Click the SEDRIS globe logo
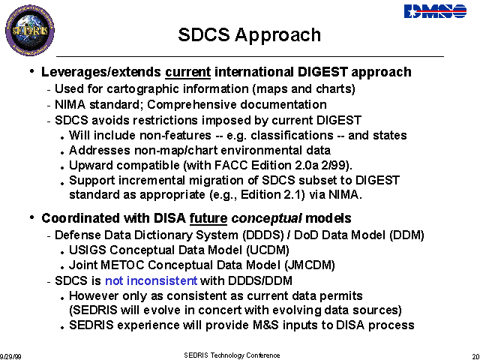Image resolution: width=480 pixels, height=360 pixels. pos(30,30)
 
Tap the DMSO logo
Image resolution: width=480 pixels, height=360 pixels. pos(435,12)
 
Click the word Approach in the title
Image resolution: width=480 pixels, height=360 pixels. pos(278,35)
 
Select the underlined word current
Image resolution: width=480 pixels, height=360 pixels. pos(188,72)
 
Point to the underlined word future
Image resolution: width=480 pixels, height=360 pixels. pos(208,218)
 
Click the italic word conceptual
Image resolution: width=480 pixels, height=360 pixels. pos(267,219)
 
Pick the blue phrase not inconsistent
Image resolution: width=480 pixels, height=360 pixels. pos(151,280)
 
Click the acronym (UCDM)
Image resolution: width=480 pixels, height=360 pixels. pos(268,250)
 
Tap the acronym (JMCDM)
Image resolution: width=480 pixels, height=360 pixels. pos(310,265)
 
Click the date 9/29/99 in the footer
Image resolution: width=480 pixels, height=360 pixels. pos(10,357)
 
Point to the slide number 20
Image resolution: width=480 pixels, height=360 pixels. pos(476,357)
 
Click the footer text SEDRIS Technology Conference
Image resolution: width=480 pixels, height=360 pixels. pos(232,355)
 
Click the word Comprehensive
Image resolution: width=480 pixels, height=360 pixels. pos(191,105)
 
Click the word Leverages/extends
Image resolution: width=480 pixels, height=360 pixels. pos(101,73)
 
